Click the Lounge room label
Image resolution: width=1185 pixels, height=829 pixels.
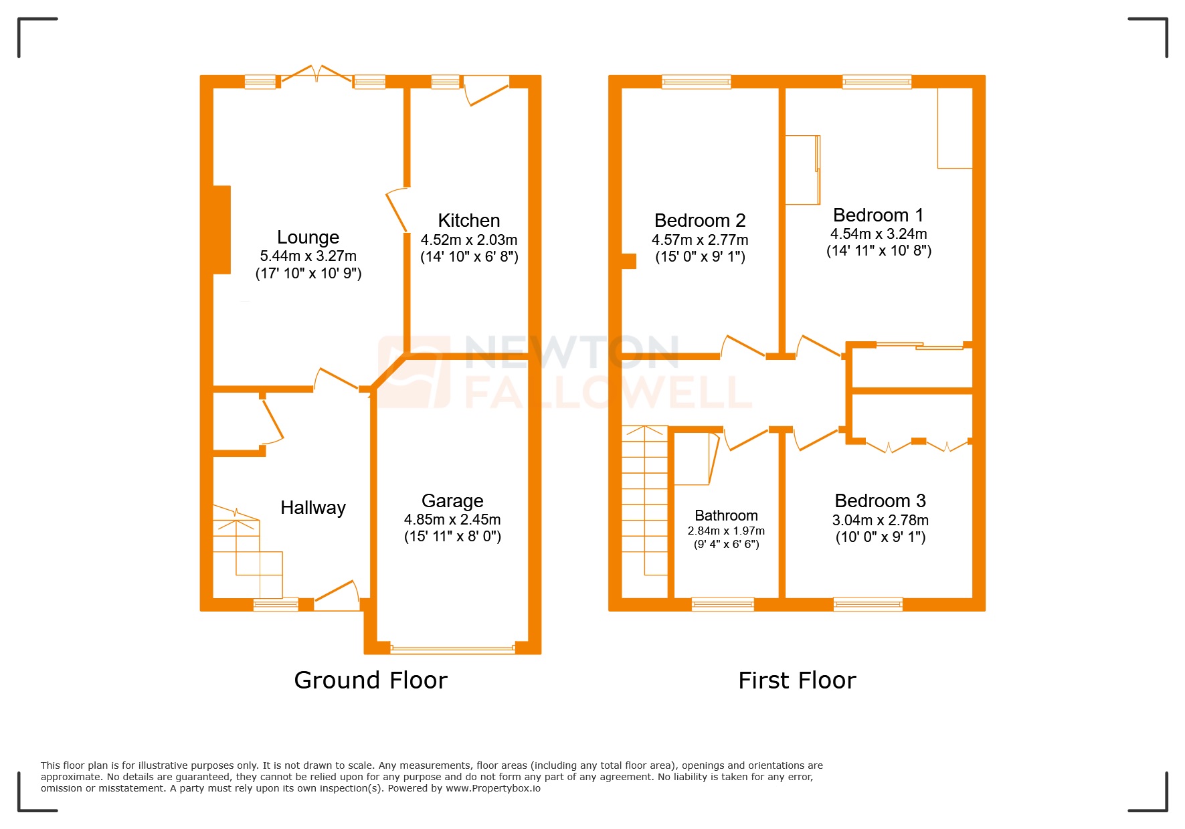(308, 238)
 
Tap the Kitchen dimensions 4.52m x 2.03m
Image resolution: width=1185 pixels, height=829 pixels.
(469, 240)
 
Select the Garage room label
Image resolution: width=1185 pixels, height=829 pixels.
(452, 501)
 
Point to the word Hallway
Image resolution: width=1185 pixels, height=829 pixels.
(313, 508)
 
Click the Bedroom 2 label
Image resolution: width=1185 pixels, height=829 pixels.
(700, 221)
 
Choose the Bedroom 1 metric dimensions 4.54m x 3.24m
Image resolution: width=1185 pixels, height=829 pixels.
(879, 234)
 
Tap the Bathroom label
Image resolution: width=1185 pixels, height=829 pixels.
(726, 516)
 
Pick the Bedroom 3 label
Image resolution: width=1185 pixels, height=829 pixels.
(880, 501)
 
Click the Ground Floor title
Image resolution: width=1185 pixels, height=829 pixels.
(371, 680)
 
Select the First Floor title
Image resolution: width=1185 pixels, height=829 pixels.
(797, 680)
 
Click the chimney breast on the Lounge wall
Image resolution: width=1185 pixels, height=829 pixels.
(221, 229)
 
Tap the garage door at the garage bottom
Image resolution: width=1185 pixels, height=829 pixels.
(452, 648)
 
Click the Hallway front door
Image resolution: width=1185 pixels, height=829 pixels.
(337, 594)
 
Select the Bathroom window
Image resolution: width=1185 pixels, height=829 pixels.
(723, 604)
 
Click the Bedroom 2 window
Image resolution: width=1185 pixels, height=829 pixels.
(696, 82)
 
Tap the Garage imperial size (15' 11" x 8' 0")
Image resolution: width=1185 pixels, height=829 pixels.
(452, 537)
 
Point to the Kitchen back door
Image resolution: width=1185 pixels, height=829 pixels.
(486, 91)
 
